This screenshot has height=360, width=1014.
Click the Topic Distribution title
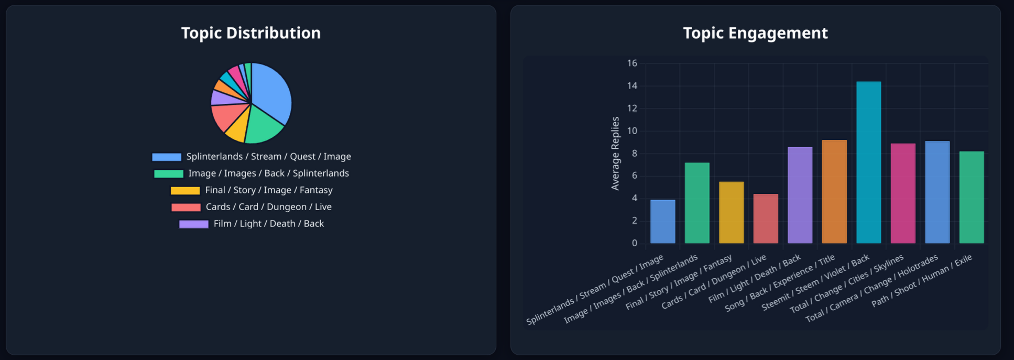pos(250,33)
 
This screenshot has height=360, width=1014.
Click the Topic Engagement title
pos(755,33)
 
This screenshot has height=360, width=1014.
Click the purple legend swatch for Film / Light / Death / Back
pos(194,224)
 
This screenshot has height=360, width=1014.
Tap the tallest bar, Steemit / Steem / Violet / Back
pos(868,162)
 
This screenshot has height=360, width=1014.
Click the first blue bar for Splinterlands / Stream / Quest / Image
pos(662,222)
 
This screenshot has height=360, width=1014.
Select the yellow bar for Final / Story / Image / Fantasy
pos(731,212)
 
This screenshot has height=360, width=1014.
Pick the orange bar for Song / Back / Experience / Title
pos(834,192)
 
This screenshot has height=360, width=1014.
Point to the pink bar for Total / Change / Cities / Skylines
pos(903,193)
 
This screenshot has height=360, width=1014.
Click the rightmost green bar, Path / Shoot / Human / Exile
pos(972,197)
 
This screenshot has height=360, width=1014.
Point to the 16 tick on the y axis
pos(632,63)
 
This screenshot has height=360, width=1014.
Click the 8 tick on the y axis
pos(634,154)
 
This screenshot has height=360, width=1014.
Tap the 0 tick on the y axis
pos(634,243)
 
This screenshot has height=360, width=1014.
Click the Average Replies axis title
pos(615,153)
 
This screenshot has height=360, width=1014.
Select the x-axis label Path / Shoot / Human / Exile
pos(922,281)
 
